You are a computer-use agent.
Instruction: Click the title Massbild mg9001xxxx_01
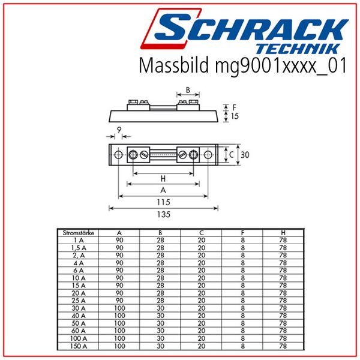pos(242,65)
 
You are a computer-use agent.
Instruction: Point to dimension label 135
pos(164,214)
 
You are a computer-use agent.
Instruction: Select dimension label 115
pos(164,202)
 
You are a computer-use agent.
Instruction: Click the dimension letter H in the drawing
pos(164,179)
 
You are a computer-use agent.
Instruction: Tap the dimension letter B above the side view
pos(188,91)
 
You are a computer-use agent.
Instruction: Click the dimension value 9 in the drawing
pos(119,129)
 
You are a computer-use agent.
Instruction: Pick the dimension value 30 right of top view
pos(245,155)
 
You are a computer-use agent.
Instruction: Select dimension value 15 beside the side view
pos(235,116)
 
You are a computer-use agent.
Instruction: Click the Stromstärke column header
pos(77,232)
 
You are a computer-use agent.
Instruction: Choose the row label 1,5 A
pos(77,247)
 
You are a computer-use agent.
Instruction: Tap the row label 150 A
pos(77,346)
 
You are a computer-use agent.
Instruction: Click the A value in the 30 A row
pos(119,308)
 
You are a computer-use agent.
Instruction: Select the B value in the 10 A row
pos(160,278)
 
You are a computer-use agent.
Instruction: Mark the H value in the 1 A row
pos(283,239)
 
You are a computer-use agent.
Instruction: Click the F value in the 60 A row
pos(242,331)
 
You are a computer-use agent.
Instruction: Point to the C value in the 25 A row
pos(201,301)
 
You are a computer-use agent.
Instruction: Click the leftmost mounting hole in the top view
pos(118,155)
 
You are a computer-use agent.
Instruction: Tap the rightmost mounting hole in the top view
pos(208,155)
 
